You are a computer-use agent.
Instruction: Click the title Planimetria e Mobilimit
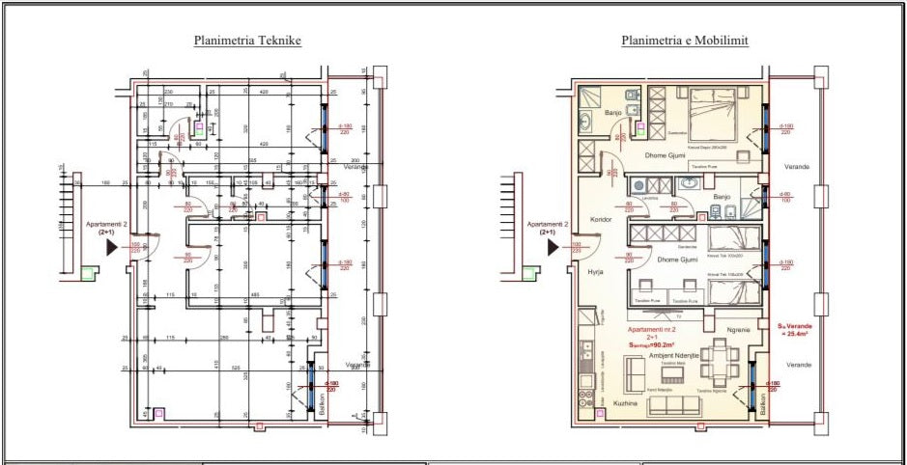tap(685, 41)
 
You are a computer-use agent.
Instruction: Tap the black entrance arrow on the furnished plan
tap(553, 247)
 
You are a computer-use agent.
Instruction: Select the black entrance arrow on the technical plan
tap(112, 247)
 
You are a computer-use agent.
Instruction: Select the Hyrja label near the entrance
tap(595, 272)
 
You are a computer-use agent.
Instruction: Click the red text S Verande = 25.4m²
tap(793, 330)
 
